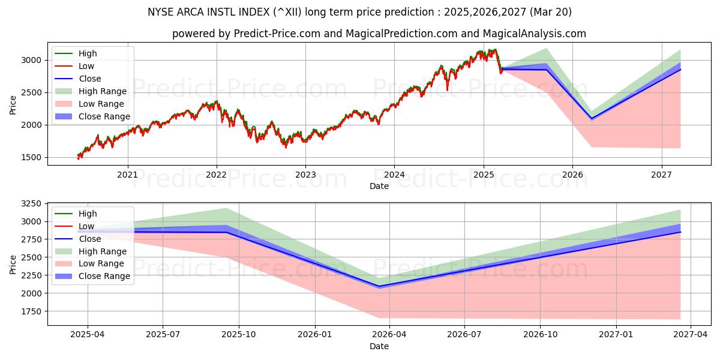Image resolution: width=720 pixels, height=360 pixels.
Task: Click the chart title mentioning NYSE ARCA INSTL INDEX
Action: [x=360, y=12]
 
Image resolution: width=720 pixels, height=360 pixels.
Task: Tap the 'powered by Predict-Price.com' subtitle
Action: [x=379, y=34]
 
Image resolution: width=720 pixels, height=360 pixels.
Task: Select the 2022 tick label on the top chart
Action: [x=216, y=175]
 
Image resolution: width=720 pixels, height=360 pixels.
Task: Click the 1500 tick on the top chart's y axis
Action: [x=33, y=157]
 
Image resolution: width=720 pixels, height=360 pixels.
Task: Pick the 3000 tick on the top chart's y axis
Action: [x=33, y=60]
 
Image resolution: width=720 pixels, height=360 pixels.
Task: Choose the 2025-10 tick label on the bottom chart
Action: [x=239, y=335]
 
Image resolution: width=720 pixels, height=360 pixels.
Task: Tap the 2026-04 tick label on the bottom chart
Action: [x=389, y=335]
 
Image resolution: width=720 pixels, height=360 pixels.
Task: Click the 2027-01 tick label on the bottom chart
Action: [x=616, y=335]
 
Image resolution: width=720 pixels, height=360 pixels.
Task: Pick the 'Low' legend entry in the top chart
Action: [x=86, y=66]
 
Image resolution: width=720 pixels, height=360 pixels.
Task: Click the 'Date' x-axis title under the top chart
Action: [x=379, y=186]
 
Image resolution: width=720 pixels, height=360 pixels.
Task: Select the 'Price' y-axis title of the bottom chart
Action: [x=13, y=263]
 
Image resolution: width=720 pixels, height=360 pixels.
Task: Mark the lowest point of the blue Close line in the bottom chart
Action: [x=379, y=286]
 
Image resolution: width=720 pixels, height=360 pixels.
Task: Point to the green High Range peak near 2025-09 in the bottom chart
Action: [x=226, y=208]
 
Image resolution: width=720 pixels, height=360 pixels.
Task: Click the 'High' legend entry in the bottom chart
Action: [x=88, y=214]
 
